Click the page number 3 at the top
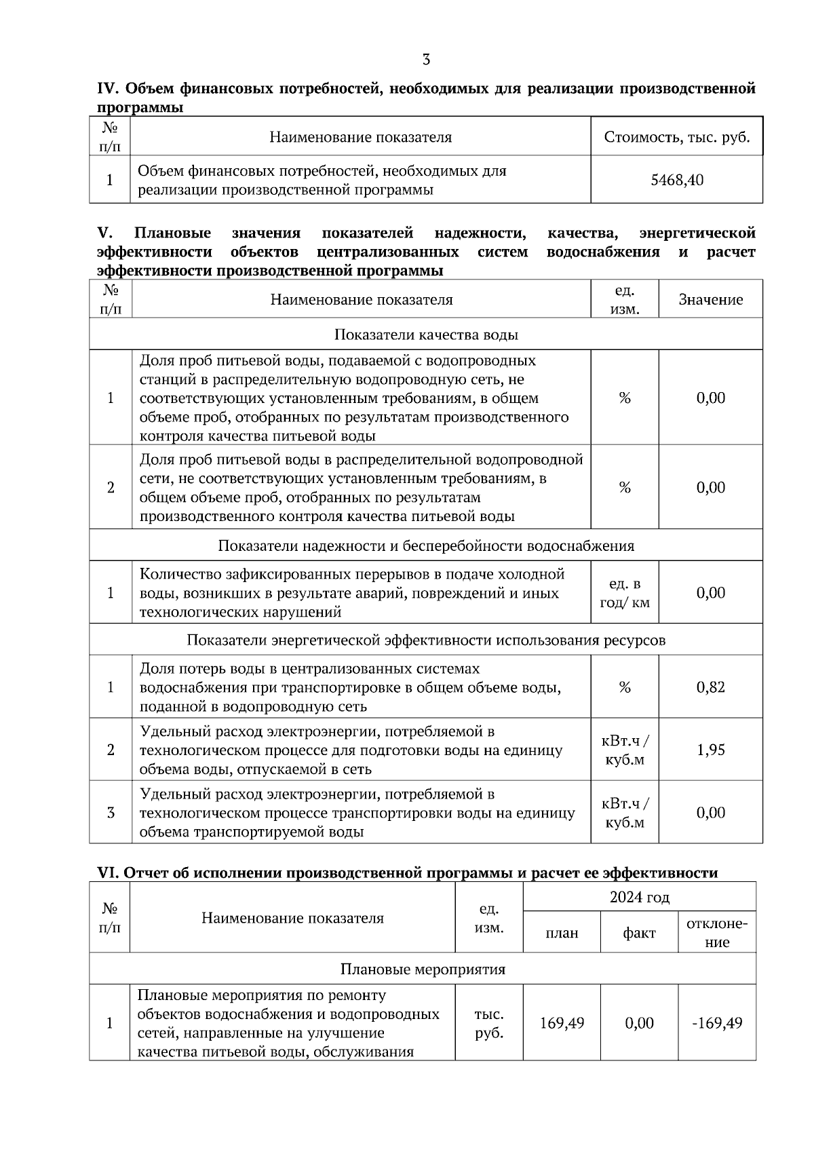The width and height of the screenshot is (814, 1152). pos(426,60)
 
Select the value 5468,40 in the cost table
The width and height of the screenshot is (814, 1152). pos(676,180)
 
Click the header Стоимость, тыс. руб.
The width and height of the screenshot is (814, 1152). pos(676,138)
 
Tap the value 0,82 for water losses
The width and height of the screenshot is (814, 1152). pos(710,687)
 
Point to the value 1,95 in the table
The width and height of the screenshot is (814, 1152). pos(710,750)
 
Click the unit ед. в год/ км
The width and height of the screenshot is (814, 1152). pos(624,593)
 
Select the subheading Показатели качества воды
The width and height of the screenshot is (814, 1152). pos(426,334)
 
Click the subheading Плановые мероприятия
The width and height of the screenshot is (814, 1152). pos(422,969)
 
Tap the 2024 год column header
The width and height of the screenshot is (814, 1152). pos(639,898)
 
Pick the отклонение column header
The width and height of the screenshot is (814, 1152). pos(717,933)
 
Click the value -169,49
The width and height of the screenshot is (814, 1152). pos(717,1022)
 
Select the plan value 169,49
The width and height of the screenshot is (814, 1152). pos(562,1022)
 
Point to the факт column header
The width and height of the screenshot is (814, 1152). pos(639,933)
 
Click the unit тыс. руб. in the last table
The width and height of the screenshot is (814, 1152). pos(488,1023)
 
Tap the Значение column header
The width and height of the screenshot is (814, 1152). pos(710,299)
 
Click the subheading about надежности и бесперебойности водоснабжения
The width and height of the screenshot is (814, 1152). pos(426,545)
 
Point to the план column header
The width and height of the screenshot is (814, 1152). pos(562,933)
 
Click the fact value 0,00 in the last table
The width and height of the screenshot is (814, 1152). pos(639,1022)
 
